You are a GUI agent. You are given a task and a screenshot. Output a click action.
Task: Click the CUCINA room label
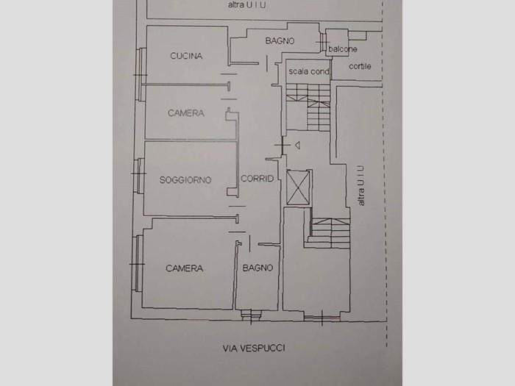click(186, 56)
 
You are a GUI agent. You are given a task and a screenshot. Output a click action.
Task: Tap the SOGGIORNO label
click(185, 180)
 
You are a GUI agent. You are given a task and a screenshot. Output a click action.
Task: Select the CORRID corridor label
click(257, 179)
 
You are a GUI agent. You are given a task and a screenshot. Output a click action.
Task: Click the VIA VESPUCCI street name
click(254, 348)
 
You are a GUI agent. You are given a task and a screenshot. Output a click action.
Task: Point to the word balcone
click(343, 49)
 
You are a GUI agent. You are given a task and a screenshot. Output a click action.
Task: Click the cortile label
click(360, 66)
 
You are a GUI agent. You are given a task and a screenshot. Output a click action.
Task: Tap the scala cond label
click(309, 71)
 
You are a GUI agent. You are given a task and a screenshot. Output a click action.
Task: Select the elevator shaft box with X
click(298, 187)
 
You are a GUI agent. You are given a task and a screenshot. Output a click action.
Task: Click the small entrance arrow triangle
click(297, 145)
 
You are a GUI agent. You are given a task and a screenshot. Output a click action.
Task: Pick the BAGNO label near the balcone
click(280, 40)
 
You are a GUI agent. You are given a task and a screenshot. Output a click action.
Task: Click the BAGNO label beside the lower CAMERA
click(257, 268)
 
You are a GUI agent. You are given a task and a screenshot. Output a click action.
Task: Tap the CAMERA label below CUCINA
click(186, 113)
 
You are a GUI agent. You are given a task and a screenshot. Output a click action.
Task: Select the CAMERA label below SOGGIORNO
click(184, 268)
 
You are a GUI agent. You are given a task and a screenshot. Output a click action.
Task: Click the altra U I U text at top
click(246, 5)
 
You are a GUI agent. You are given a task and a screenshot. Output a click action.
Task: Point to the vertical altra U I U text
click(361, 185)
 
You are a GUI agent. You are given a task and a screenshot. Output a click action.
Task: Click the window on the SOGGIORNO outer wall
click(141, 176)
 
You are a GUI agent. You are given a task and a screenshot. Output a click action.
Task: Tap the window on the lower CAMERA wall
click(138, 263)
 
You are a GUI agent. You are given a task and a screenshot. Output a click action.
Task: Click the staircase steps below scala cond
click(308, 107)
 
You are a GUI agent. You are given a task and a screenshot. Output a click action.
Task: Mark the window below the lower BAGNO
click(252, 315)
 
